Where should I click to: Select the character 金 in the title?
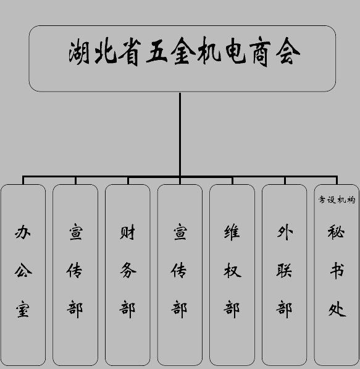(183, 51)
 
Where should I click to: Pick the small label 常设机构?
(337, 200)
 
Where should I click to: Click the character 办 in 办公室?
(23, 232)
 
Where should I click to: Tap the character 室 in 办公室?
(23, 309)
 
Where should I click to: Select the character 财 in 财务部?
(127, 232)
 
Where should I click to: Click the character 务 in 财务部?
(128, 270)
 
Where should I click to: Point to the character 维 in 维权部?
(232, 232)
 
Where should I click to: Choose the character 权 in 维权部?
(232, 271)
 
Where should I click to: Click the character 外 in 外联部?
(285, 232)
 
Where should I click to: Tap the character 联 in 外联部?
(284, 271)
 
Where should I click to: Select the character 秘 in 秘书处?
(337, 232)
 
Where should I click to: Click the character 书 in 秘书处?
(337, 271)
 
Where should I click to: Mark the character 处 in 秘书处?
(337, 309)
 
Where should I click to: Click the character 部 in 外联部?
(284, 309)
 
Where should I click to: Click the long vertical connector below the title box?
(180, 134)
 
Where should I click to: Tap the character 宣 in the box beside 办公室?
(76, 232)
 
